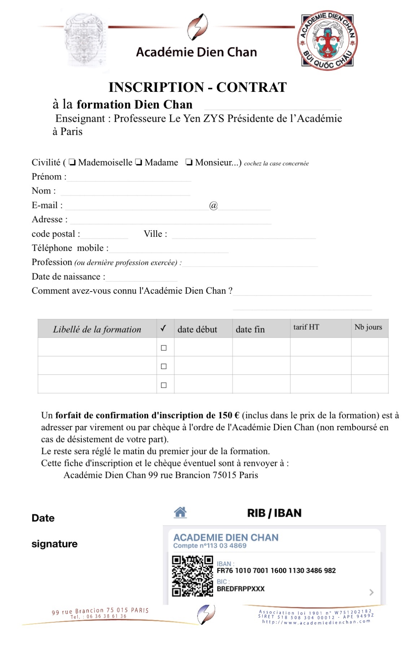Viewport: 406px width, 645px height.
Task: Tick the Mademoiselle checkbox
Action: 72,162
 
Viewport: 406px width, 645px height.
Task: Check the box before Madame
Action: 139,162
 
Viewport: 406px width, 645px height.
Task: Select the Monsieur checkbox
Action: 189,162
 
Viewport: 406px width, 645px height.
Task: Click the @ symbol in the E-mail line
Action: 213,205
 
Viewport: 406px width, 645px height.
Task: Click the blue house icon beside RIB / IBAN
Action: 180,512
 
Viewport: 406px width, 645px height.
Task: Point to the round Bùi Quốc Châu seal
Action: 327,40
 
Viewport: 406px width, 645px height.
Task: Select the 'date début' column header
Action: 197,329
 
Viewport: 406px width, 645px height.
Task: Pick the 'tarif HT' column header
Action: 306,327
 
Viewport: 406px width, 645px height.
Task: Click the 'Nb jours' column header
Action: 368,327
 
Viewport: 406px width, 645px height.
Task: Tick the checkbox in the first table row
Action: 163,348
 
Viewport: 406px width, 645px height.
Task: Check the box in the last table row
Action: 163,385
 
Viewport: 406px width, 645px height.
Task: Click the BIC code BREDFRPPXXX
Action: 241,589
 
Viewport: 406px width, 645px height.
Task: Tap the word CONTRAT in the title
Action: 251,87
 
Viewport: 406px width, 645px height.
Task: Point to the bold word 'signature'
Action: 54,544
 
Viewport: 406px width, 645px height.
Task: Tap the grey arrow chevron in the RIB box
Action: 371,592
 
